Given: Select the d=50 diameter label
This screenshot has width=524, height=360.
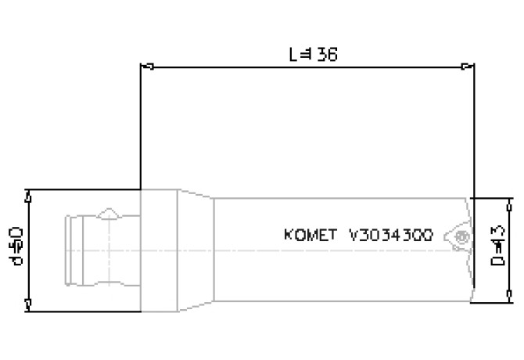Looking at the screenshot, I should [x=17, y=247].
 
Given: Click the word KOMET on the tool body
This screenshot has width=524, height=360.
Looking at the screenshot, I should [x=310, y=235].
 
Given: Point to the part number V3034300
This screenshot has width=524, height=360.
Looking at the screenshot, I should [x=391, y=235].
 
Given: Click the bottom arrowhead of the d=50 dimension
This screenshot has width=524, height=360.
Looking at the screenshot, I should [x=29, y=302].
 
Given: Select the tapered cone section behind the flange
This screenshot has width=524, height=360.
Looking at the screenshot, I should [x=196, y=248].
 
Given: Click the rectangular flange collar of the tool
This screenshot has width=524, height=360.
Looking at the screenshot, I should [x=159, y=248].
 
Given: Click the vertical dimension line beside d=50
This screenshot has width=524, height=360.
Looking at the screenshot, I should [x=29, y=248].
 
